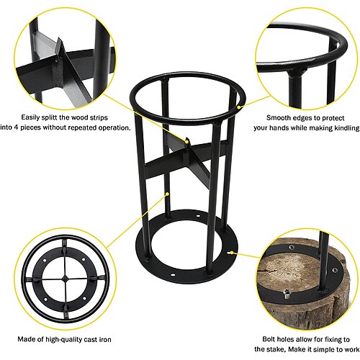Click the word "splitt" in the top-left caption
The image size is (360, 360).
49,117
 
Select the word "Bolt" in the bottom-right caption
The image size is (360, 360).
269,339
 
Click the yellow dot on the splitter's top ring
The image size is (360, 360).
238,107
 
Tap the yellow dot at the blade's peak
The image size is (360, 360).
186,142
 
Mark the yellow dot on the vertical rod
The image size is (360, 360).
168,194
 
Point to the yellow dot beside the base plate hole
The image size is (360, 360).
232,253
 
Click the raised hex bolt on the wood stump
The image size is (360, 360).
286,293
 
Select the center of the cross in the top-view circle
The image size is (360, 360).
65,279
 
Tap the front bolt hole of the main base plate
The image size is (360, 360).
172,274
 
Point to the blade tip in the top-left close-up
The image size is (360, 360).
58,38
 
